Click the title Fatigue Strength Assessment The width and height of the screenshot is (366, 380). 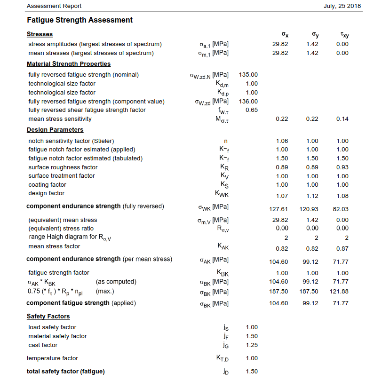coord(80,20)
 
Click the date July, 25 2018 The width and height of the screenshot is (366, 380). coord(342,6)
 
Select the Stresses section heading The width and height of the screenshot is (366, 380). coord(40,34)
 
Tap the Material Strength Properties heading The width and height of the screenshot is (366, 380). coord(69,64)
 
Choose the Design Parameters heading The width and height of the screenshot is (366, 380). coord(55,130)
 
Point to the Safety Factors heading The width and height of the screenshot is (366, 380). coord(48,317)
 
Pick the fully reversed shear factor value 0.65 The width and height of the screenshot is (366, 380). coord(251,110)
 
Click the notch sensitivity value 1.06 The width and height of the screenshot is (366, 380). coord(282,141)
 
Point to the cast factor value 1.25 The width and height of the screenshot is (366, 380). coord(251,345)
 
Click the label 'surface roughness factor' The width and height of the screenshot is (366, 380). coord(63,167)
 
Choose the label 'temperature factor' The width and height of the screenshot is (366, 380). coord(53,358)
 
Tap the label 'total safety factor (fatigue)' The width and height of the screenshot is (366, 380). coord(65,372)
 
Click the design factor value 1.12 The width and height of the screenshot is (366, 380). coord(312,196)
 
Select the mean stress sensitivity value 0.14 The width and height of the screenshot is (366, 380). coord(342,119)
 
